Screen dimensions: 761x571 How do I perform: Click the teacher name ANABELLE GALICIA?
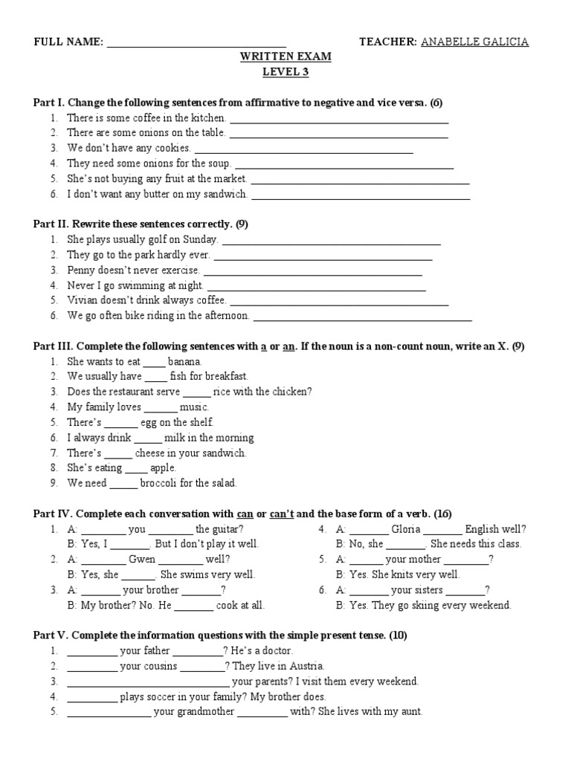click(475, 42)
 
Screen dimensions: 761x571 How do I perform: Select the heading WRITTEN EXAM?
click(285, 57)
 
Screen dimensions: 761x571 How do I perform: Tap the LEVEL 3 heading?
click(285, 72)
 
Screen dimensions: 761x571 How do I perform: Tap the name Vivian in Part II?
click(81, 300)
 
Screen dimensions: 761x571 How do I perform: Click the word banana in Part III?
click(185, 361)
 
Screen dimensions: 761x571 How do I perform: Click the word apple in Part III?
click(164, 467)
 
